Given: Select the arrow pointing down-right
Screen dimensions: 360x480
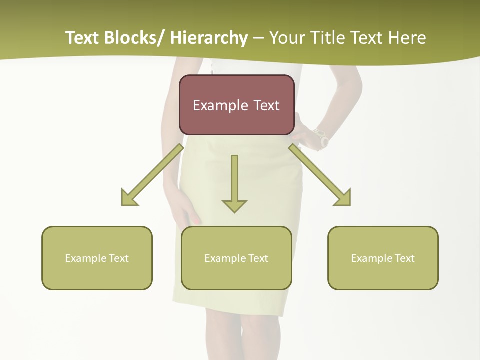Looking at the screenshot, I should point(320,175).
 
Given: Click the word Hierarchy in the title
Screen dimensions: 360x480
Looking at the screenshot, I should point(209,38).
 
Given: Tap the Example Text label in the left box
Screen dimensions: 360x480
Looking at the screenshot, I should point(97,258).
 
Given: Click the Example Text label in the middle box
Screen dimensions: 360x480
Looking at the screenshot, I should point(236,258).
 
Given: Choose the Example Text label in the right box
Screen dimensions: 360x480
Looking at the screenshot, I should point(383,258).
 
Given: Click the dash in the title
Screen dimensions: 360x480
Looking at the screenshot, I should point(258,38).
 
